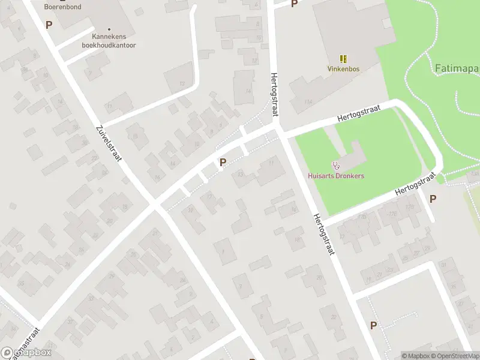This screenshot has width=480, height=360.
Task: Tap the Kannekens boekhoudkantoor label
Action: click(x=109, y=40)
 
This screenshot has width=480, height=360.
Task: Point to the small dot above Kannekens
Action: click(x=109, y=29)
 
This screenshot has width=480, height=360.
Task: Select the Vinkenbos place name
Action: click(x=343, y=69)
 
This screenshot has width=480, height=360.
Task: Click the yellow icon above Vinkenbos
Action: click(x=343, y=59)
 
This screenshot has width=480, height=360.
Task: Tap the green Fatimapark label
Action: click(x=456, y=68)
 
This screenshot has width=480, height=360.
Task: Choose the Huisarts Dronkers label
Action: click(x=335, y=176)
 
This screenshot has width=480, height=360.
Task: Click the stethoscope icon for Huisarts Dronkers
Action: click(x=335, y=165)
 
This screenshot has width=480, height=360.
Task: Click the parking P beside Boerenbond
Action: click(x=49, y=25)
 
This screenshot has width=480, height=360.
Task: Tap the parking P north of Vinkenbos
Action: click(x=294, y=4)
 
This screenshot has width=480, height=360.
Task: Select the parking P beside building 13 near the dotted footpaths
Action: click(x=223, y=162)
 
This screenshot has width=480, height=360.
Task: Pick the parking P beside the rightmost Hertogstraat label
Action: click(x=433, y=199)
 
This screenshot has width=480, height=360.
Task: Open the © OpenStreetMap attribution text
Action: click(x=455, y=356)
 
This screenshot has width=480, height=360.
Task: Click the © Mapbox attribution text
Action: click(x=416, y=356)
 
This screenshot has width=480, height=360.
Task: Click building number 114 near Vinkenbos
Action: click(x=308, y=103)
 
